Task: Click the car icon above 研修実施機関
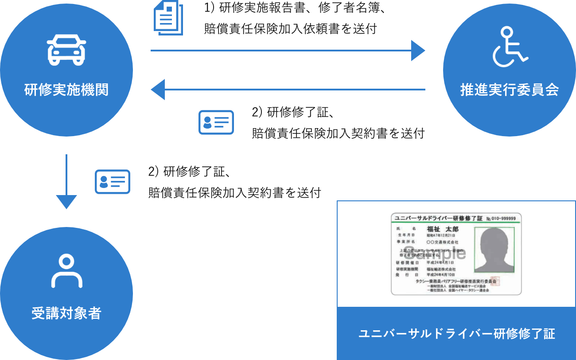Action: (x=66, y=50)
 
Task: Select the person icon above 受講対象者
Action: (x=66, y=271)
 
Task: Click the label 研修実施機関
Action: (x=66, y=90)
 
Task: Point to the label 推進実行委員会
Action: (x=510, y=90)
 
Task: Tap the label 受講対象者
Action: (x=66, y=313)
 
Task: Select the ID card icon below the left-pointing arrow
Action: (x=216, y=122)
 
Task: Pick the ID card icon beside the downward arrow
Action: (x=113, y=181)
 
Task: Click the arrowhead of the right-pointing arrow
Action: (x=418, y=51)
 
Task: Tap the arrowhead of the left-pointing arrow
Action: (x=158, y=90)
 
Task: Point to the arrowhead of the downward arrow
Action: (x=66, y=202)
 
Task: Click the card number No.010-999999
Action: (x=501, y=219)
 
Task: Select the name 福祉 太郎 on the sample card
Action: (x=442, y=229)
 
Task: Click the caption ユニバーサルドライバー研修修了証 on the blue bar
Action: (x=456, y=334)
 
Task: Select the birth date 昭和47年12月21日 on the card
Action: (x=441, y=236)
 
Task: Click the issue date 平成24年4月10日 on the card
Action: (x=441, y=275)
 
